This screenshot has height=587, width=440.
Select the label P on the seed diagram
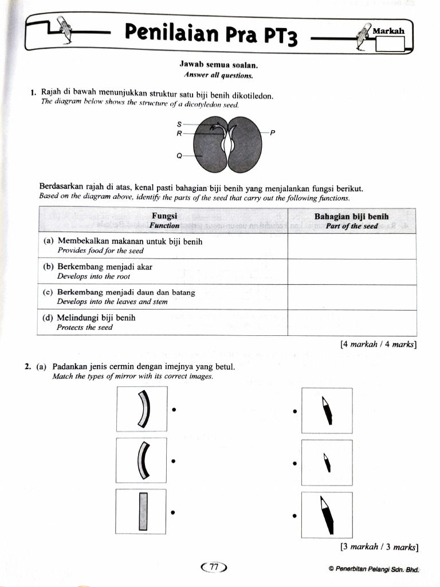273,133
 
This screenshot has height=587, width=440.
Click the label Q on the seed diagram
179,155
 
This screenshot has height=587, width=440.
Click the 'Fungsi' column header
164,220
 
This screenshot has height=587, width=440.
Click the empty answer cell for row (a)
351,246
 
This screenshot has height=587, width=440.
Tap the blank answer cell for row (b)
351,271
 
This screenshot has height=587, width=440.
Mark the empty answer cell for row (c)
351,297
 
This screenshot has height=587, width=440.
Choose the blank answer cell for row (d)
351,322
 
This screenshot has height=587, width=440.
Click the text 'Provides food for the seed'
100,251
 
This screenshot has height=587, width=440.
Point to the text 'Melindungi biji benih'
96,318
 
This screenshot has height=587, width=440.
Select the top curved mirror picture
142,409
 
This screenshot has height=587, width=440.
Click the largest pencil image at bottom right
327,512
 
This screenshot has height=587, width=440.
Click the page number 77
214,567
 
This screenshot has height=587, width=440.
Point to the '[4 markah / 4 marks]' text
378,345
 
